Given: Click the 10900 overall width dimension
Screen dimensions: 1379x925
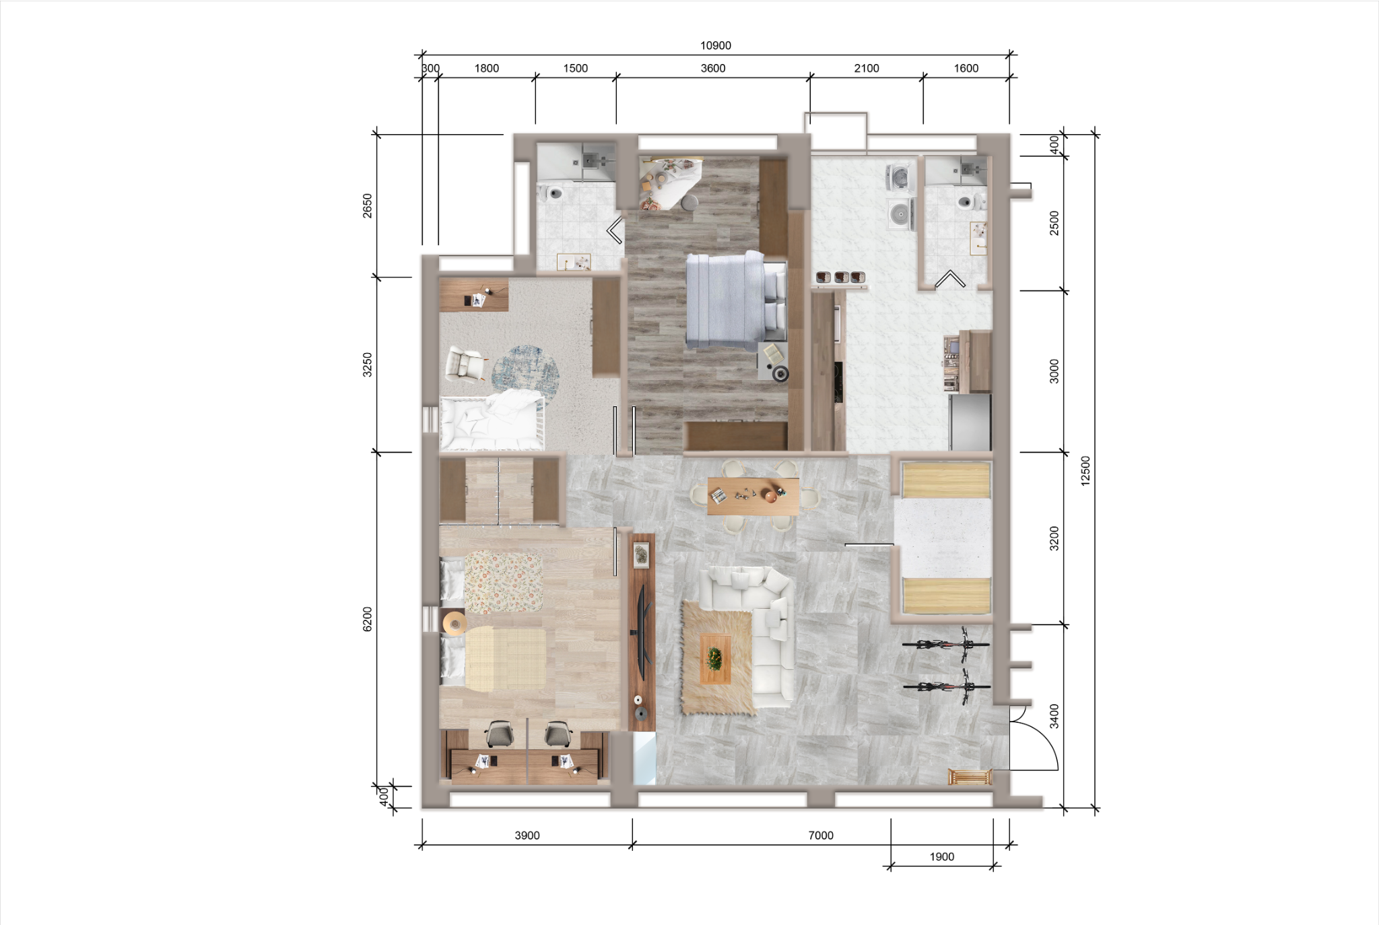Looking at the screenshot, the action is pos(715,46).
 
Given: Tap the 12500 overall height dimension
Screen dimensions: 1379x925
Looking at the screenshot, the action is pos(1085,471).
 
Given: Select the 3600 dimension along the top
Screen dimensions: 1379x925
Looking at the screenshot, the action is pos(713,68).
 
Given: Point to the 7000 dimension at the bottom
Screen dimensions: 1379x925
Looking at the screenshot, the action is pos(821,835).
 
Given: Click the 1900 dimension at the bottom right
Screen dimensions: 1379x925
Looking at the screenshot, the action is pos(942,857).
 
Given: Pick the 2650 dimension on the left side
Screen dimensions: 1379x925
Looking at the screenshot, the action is pos(368,205).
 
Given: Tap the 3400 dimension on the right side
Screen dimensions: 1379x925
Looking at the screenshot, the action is pos(1054,716).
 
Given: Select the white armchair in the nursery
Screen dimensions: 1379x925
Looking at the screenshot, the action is pos(465,364).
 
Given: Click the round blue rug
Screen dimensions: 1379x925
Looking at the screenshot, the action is pos(525,372).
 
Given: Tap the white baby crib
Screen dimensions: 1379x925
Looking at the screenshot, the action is pos(492,422).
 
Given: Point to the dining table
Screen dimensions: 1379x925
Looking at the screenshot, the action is pos(753,496).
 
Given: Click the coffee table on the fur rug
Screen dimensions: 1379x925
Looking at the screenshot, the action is pos(715,658).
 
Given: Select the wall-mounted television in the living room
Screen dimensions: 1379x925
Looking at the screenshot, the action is pos(642,631).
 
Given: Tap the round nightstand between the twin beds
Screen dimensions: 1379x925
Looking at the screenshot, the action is pos(455,622).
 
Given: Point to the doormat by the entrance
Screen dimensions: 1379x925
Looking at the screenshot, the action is pos(970,777).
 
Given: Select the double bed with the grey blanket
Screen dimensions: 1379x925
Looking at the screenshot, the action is pos(736,300).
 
